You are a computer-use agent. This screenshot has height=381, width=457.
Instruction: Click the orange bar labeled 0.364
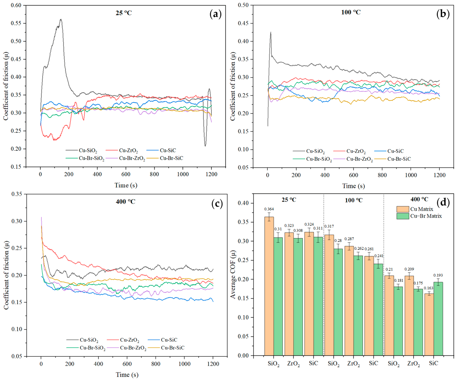point(269,286)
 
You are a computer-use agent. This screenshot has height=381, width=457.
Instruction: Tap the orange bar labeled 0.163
point(429,324)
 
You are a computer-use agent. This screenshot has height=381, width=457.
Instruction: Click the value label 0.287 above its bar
point(349,239)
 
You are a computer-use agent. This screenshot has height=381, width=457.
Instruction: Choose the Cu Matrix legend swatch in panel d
point(403,209)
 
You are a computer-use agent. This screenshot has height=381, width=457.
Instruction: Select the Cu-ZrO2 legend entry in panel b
point(349,151)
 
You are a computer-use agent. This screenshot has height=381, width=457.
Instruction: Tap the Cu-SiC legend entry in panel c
point(163,340)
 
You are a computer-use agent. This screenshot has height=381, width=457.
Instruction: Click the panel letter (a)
point(216,14)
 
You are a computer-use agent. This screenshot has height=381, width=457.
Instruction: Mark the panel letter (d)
point(443,203)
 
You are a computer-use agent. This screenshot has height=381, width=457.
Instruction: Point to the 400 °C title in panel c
point(126,201)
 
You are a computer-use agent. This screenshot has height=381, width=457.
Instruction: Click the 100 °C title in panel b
point(351,12)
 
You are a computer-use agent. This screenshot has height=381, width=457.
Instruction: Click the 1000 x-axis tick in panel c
point(185,364)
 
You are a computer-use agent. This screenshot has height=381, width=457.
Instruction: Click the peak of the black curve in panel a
point(61,19)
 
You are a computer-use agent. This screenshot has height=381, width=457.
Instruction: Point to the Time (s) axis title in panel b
point(354,186)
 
